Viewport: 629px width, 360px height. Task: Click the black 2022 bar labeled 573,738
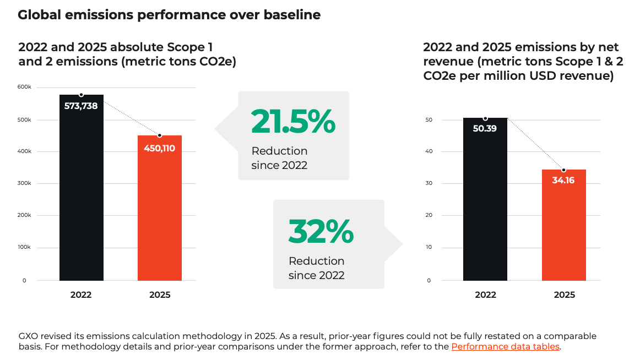[82, 188]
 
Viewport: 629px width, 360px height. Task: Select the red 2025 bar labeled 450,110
[160, 208]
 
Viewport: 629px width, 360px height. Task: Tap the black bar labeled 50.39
[485, 199]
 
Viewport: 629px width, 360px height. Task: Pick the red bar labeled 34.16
[563, 225]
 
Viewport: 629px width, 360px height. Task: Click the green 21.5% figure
[293, 121]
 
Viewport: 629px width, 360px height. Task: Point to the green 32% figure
[321, 231]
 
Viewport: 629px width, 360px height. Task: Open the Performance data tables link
[506, 346]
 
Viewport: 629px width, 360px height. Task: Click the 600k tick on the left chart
[24, 87]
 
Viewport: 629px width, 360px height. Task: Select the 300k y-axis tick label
[24, 183]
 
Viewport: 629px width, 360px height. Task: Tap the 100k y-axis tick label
[24, 247]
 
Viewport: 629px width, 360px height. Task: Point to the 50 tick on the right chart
[429, 120]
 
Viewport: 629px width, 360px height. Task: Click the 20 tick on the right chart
[429, 215]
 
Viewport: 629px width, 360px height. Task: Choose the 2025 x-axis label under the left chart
[160, 294]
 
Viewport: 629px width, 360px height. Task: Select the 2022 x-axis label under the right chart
[485, 294]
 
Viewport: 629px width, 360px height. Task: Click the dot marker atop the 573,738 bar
[81, 95]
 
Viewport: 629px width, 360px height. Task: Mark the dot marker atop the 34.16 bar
[563, 170]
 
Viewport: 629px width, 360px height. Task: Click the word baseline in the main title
[292, 15]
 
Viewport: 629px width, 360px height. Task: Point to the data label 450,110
[160, 148]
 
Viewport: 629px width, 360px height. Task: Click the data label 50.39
[485, 129]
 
